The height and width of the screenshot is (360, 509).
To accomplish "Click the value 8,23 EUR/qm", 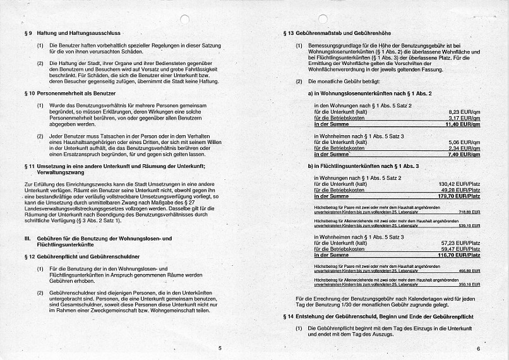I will point(464,111).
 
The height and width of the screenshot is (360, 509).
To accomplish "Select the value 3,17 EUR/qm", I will point(464,117).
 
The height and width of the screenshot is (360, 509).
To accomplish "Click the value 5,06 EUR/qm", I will point(464,142).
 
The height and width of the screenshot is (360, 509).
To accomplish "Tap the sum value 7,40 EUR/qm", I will point(464,154).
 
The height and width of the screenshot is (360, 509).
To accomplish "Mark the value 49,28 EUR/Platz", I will point(460,190).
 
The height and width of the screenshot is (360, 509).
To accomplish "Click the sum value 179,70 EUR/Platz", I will point(459,196).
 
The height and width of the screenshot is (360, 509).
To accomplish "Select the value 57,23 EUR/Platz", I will point(460,243).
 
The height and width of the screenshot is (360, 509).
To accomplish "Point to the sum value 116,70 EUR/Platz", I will point(459,255).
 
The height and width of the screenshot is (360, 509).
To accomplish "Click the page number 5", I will point(219,347).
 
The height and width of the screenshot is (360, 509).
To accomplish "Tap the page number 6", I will point(478,348).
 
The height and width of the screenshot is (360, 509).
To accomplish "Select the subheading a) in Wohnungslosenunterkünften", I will point(369,93).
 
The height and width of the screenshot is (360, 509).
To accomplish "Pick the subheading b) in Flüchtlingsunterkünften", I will point(363,166).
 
